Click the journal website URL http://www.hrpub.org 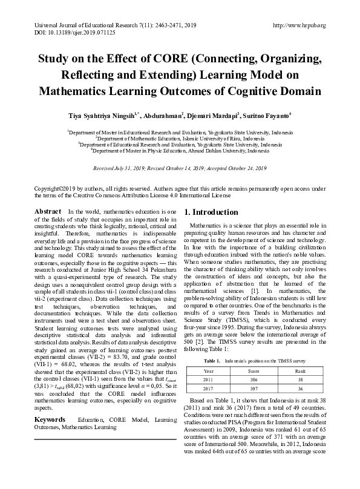click(299, 25)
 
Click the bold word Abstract click(48, 211)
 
